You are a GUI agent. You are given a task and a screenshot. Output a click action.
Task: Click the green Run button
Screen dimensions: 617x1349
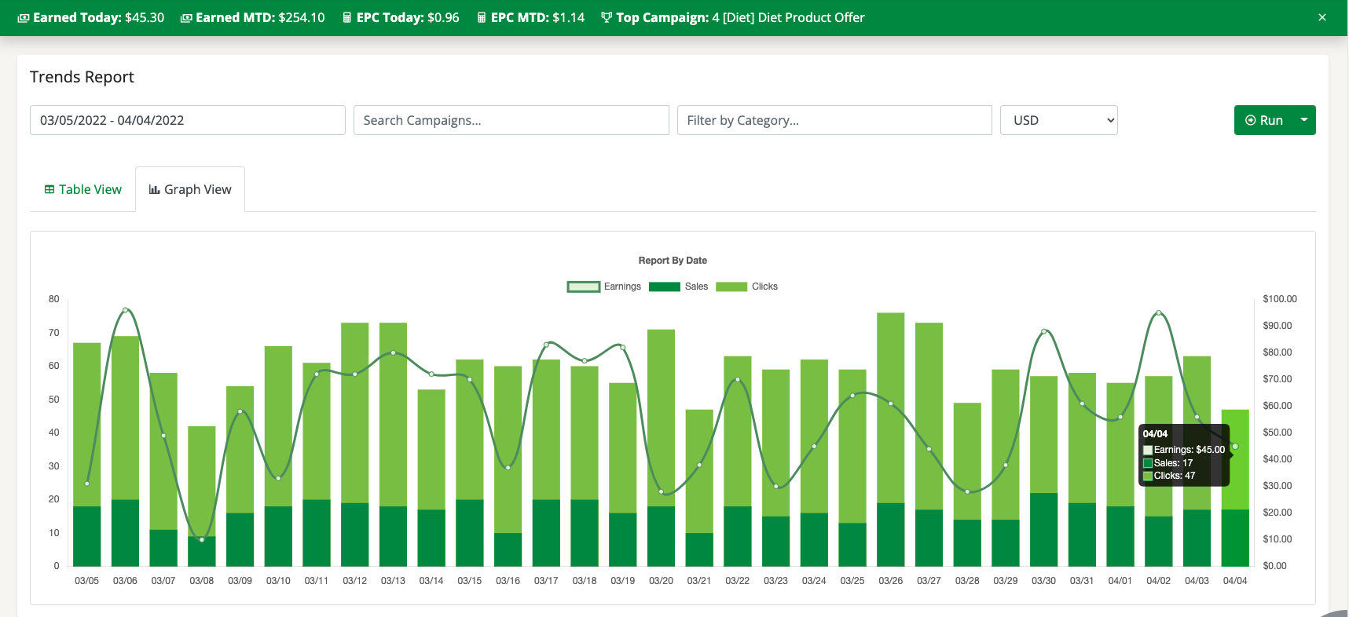[x=1263, y=120]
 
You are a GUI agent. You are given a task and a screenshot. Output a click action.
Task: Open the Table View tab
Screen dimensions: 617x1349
[x=83, y=189]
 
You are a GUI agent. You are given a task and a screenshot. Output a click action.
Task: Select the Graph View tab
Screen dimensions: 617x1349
[x=190, y=189]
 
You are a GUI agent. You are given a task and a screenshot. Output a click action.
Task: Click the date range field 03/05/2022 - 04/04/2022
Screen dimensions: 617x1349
[x=187, y=120]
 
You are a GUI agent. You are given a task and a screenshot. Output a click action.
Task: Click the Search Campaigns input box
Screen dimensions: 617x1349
[x=511, y=120]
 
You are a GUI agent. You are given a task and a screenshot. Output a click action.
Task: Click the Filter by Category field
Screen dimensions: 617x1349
[x=834, y=120]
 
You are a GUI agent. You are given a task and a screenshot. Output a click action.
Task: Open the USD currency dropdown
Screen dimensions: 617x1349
[x=1058, y=120]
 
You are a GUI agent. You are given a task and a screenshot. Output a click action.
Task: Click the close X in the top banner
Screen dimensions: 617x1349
[x=1322, y=17]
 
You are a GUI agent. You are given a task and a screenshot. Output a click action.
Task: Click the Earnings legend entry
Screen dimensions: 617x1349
[x=604, y=287]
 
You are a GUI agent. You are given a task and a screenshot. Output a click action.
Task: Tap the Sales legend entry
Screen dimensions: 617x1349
[x=679, y=287]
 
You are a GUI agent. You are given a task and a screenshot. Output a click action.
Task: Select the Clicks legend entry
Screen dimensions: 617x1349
[x=747, y=287]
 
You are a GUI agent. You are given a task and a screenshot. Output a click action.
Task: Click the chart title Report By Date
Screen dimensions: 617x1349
[x=673, y=261]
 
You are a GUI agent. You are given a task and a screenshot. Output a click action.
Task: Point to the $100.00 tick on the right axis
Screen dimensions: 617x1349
[x=1279, y=299]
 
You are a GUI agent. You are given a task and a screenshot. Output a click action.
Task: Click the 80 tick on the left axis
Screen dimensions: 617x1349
[x=54, y=299]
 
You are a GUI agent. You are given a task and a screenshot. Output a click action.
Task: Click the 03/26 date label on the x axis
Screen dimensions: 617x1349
[x=890, y=581]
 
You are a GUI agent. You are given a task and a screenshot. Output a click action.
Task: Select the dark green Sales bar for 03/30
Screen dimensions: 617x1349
[x=1043, y=530]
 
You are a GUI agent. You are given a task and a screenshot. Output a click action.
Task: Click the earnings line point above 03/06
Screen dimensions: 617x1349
[x=126, y=310]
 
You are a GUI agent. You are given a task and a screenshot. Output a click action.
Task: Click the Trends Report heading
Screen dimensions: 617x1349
[x=82, y=77]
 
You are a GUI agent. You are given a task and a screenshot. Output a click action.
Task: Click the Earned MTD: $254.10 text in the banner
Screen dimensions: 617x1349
[x=253, y=17]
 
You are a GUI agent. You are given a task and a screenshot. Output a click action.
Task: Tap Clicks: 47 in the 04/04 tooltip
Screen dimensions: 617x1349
[x=1174, y=476]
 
